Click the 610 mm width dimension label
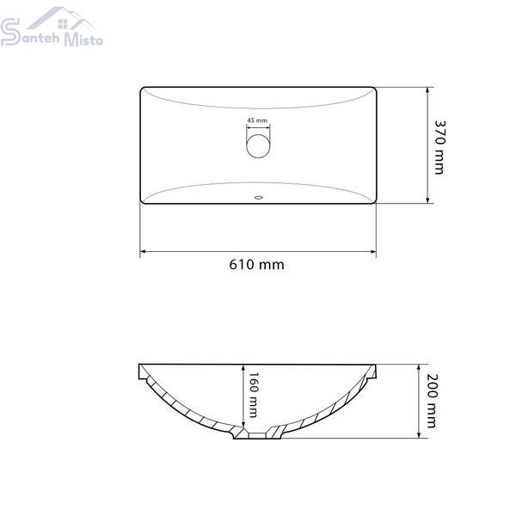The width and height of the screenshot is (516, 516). [256, 265]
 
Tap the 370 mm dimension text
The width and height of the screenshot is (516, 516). [439, 147]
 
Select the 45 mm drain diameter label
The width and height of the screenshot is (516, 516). [257, 120]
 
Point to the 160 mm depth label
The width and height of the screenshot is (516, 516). [253, 395]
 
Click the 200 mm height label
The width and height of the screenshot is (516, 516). [431, 401]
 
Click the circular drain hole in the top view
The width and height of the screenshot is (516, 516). [258, 146]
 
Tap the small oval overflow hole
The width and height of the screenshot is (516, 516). [259, 198]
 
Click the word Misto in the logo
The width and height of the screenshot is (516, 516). [83, 40]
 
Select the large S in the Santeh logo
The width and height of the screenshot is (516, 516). [9, 32]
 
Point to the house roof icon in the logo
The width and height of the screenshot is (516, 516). [61, 18]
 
